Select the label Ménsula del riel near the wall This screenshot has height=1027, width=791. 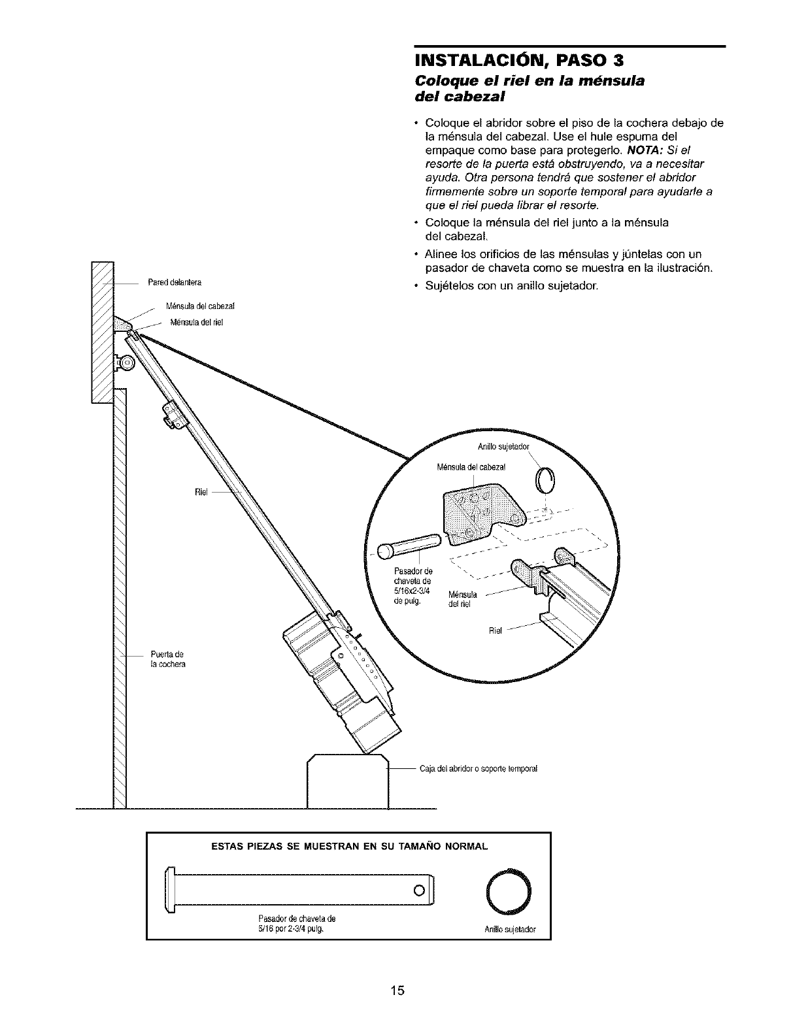197,321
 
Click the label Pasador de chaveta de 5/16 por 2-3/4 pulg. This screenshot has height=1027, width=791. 292,922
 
